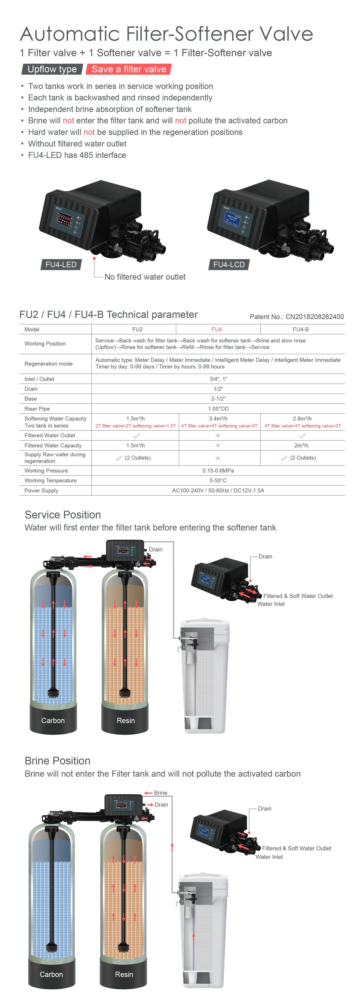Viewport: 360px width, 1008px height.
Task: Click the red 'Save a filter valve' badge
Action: [129, 69]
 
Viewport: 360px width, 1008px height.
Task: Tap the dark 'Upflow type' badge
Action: [52, 69]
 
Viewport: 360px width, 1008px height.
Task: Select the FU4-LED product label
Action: [61, 265]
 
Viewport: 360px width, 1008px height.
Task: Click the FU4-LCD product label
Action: [229, 265]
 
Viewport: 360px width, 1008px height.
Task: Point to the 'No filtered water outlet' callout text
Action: [145, 277]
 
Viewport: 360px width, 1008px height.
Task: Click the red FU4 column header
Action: [216, 330]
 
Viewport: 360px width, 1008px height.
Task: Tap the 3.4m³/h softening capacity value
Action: [218, 419]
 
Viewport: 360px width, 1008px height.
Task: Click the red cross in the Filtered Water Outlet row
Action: [218, 436]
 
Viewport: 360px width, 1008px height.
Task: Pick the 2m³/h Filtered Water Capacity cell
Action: [301, 445]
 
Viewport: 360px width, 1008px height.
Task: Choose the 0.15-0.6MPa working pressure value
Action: [218, 471]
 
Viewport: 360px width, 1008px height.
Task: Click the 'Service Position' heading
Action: [63, 515]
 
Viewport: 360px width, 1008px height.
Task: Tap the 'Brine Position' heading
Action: [58, 761]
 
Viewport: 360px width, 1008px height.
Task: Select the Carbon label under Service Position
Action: [53, 720]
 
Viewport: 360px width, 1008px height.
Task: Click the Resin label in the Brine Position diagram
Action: [124, 974]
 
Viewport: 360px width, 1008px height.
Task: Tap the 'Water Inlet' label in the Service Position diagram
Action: [271, 604]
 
